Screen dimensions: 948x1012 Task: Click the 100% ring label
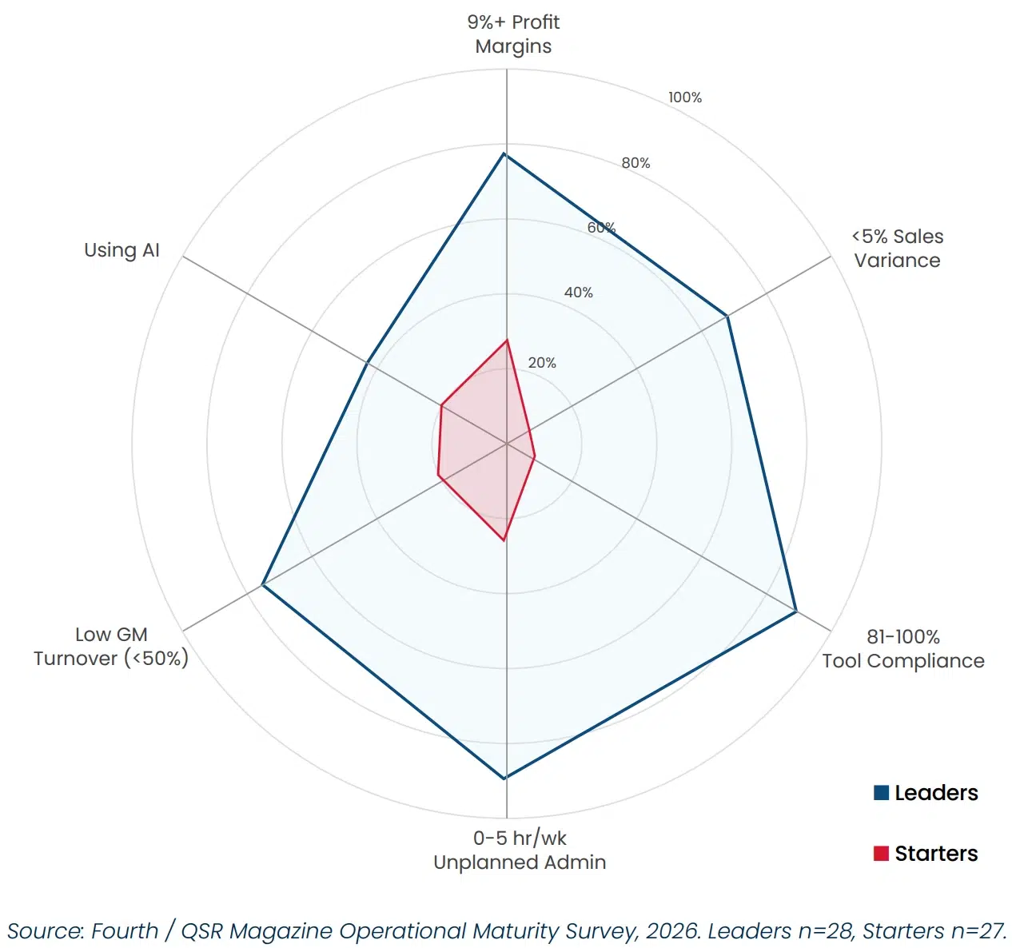click(685, 98)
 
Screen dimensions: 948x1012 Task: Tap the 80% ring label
click(635, 163)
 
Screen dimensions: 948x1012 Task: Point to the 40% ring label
click(578, 293)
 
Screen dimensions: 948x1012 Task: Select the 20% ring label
click(541, 363)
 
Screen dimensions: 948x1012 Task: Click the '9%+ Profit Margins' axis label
click(513, 34)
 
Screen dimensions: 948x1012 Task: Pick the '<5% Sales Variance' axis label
click(897, 249)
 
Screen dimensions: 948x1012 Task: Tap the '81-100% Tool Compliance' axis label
click(902, 649)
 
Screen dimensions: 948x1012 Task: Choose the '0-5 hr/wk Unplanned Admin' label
click(520, 850)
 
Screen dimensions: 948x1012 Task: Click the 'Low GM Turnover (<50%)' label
click(111, 647)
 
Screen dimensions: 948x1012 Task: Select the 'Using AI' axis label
click(122, 250)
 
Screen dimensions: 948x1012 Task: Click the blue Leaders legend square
click(881, 793)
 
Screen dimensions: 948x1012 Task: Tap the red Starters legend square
click(881, 854)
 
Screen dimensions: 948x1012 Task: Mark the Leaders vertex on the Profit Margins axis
click(504, 153)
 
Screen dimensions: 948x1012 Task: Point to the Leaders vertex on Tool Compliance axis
click(796, 611)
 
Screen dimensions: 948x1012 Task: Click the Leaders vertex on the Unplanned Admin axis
click(504, 779)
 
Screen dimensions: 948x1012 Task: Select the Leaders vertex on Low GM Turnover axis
click(263, 585)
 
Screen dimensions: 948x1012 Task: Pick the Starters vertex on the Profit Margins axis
click(507, 340)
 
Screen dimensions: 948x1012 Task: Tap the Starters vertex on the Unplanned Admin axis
click(504, 540)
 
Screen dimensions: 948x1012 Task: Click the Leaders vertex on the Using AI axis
click(366, 363)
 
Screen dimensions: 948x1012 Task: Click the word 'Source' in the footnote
click(43, 931)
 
